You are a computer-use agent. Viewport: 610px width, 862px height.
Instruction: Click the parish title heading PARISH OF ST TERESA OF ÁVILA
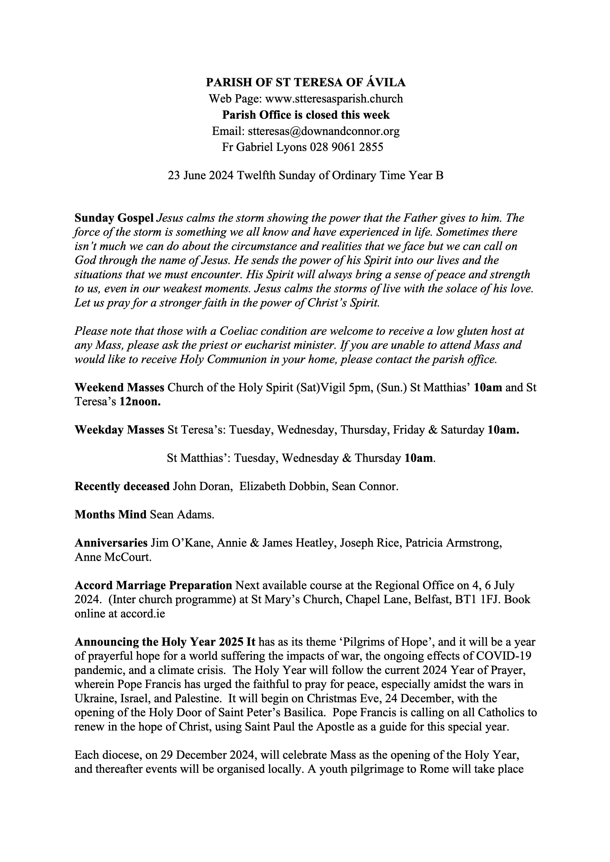pyautogui.click(x=305, y=82)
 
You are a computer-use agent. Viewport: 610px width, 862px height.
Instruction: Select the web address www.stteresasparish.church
pyautogui.click(x=334, y=99)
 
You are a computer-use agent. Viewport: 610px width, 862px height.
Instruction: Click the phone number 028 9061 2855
pyautogui.click(x=346, y=147)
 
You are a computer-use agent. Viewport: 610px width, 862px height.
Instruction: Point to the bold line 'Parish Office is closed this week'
pyautogui.click(x=305, y=115)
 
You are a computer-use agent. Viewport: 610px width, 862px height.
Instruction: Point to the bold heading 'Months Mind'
pyautogui.click(x=110, y=514)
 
